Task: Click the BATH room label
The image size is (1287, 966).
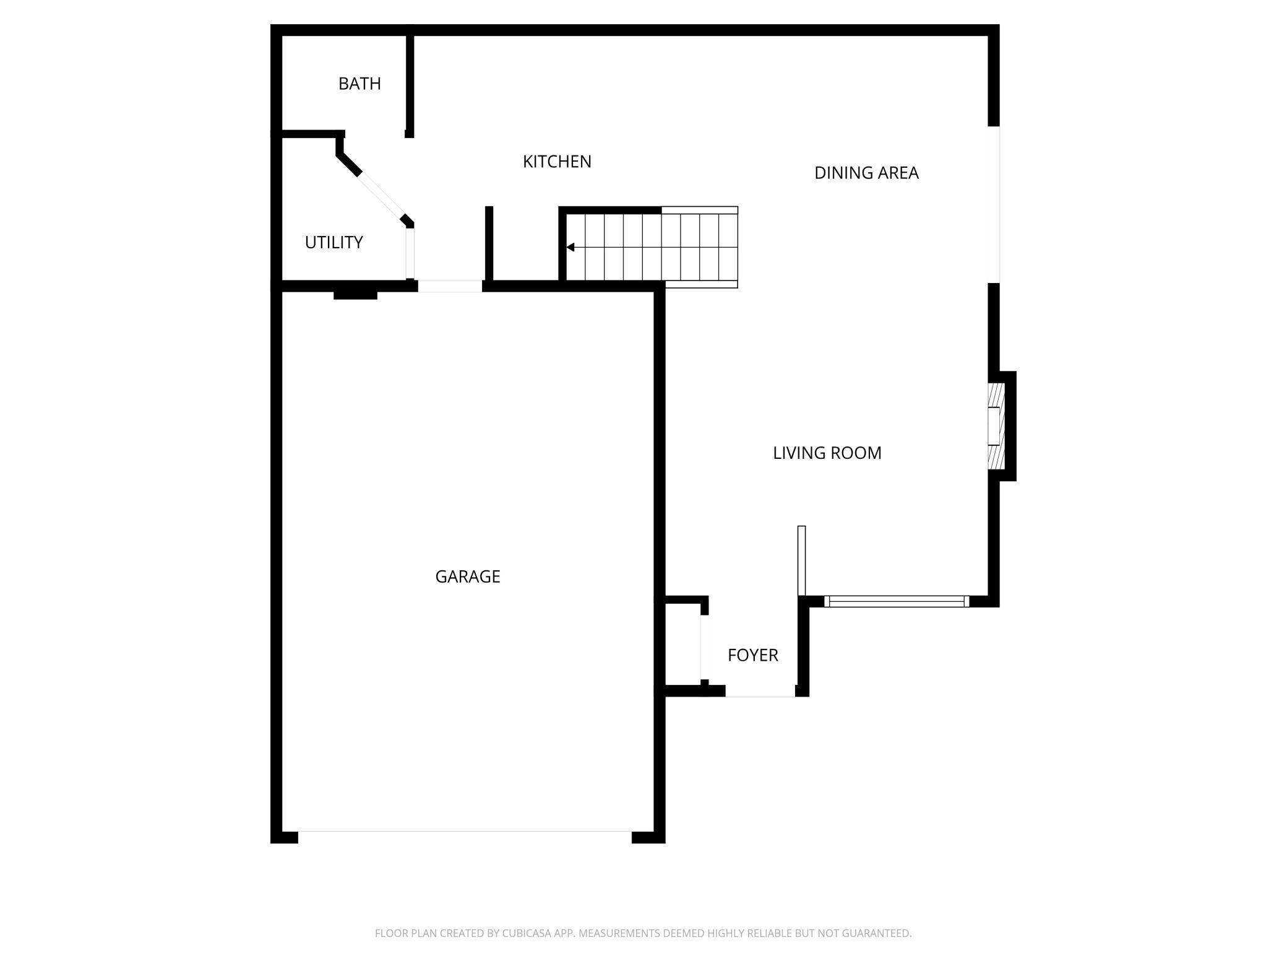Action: tap(359, 84)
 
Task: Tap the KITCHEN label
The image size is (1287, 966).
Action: tap(557, 162)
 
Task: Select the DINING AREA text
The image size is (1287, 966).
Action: tap(866, 173)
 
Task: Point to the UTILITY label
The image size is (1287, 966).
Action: tap(334, 242)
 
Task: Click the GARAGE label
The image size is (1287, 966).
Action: tap(468, 577)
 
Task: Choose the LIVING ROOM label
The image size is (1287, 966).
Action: tap(827, 453)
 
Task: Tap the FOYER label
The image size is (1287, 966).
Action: tap(752, 655)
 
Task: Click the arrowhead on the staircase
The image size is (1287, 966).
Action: tap(570, 248)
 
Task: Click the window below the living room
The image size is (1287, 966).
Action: tap(897, 601)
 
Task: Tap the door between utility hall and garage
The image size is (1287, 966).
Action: tap(450, 286)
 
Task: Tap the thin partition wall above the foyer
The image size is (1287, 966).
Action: tap(801, 560)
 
